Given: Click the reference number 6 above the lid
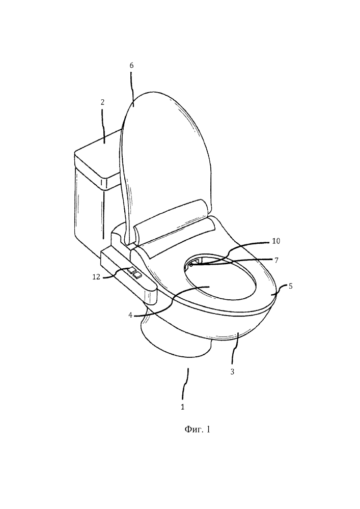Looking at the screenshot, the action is pos(131,65).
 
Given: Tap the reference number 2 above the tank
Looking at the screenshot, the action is pos(102,102).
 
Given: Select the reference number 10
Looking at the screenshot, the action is pos(275,241).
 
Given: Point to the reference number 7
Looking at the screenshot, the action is pos(276,260).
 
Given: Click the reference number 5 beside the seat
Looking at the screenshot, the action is pos(290,286).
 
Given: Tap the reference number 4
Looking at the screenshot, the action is pos(130,315).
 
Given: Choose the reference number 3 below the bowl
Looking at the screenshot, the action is pos(232,372).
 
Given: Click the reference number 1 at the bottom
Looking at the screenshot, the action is pos(183,406).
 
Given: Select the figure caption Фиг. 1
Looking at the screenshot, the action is pos(197,430).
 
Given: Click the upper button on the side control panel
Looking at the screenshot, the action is pos(132,269).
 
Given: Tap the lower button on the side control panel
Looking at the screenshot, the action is pos(137,275).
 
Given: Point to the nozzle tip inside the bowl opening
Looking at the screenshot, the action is pos(190,265).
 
